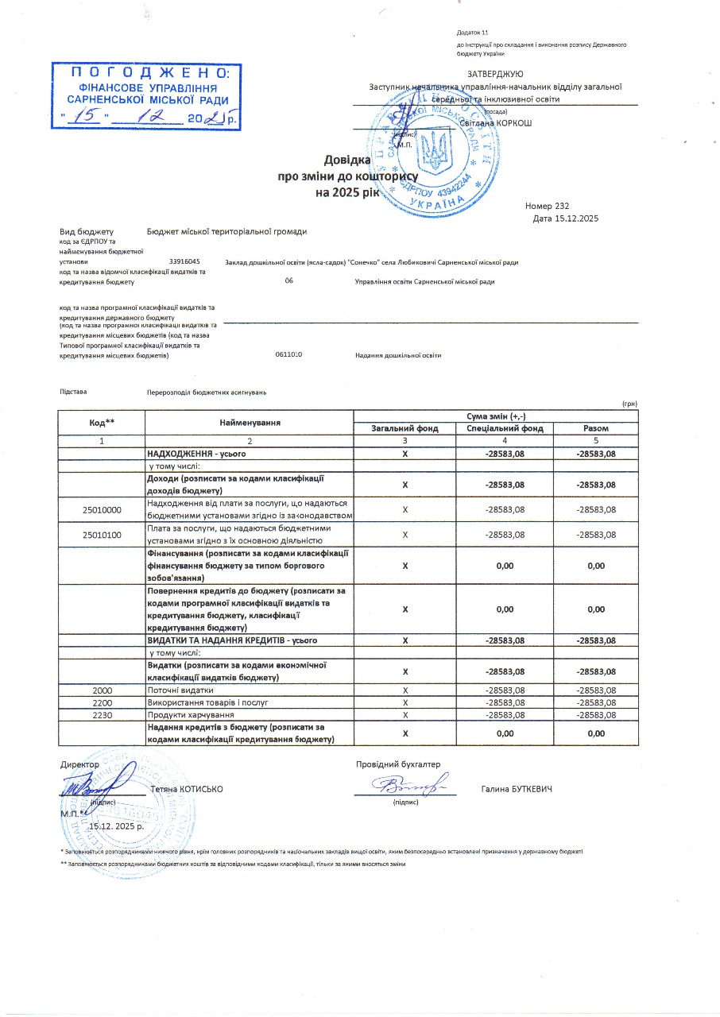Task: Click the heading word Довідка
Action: click(347, 160)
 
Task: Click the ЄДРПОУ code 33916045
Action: click(184, 261)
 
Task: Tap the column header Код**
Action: click(101, 423)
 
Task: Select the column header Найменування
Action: click(249, 423)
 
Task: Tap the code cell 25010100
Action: click(101, 535)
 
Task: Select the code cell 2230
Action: click(101, 715)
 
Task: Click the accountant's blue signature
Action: click(405, 787)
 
